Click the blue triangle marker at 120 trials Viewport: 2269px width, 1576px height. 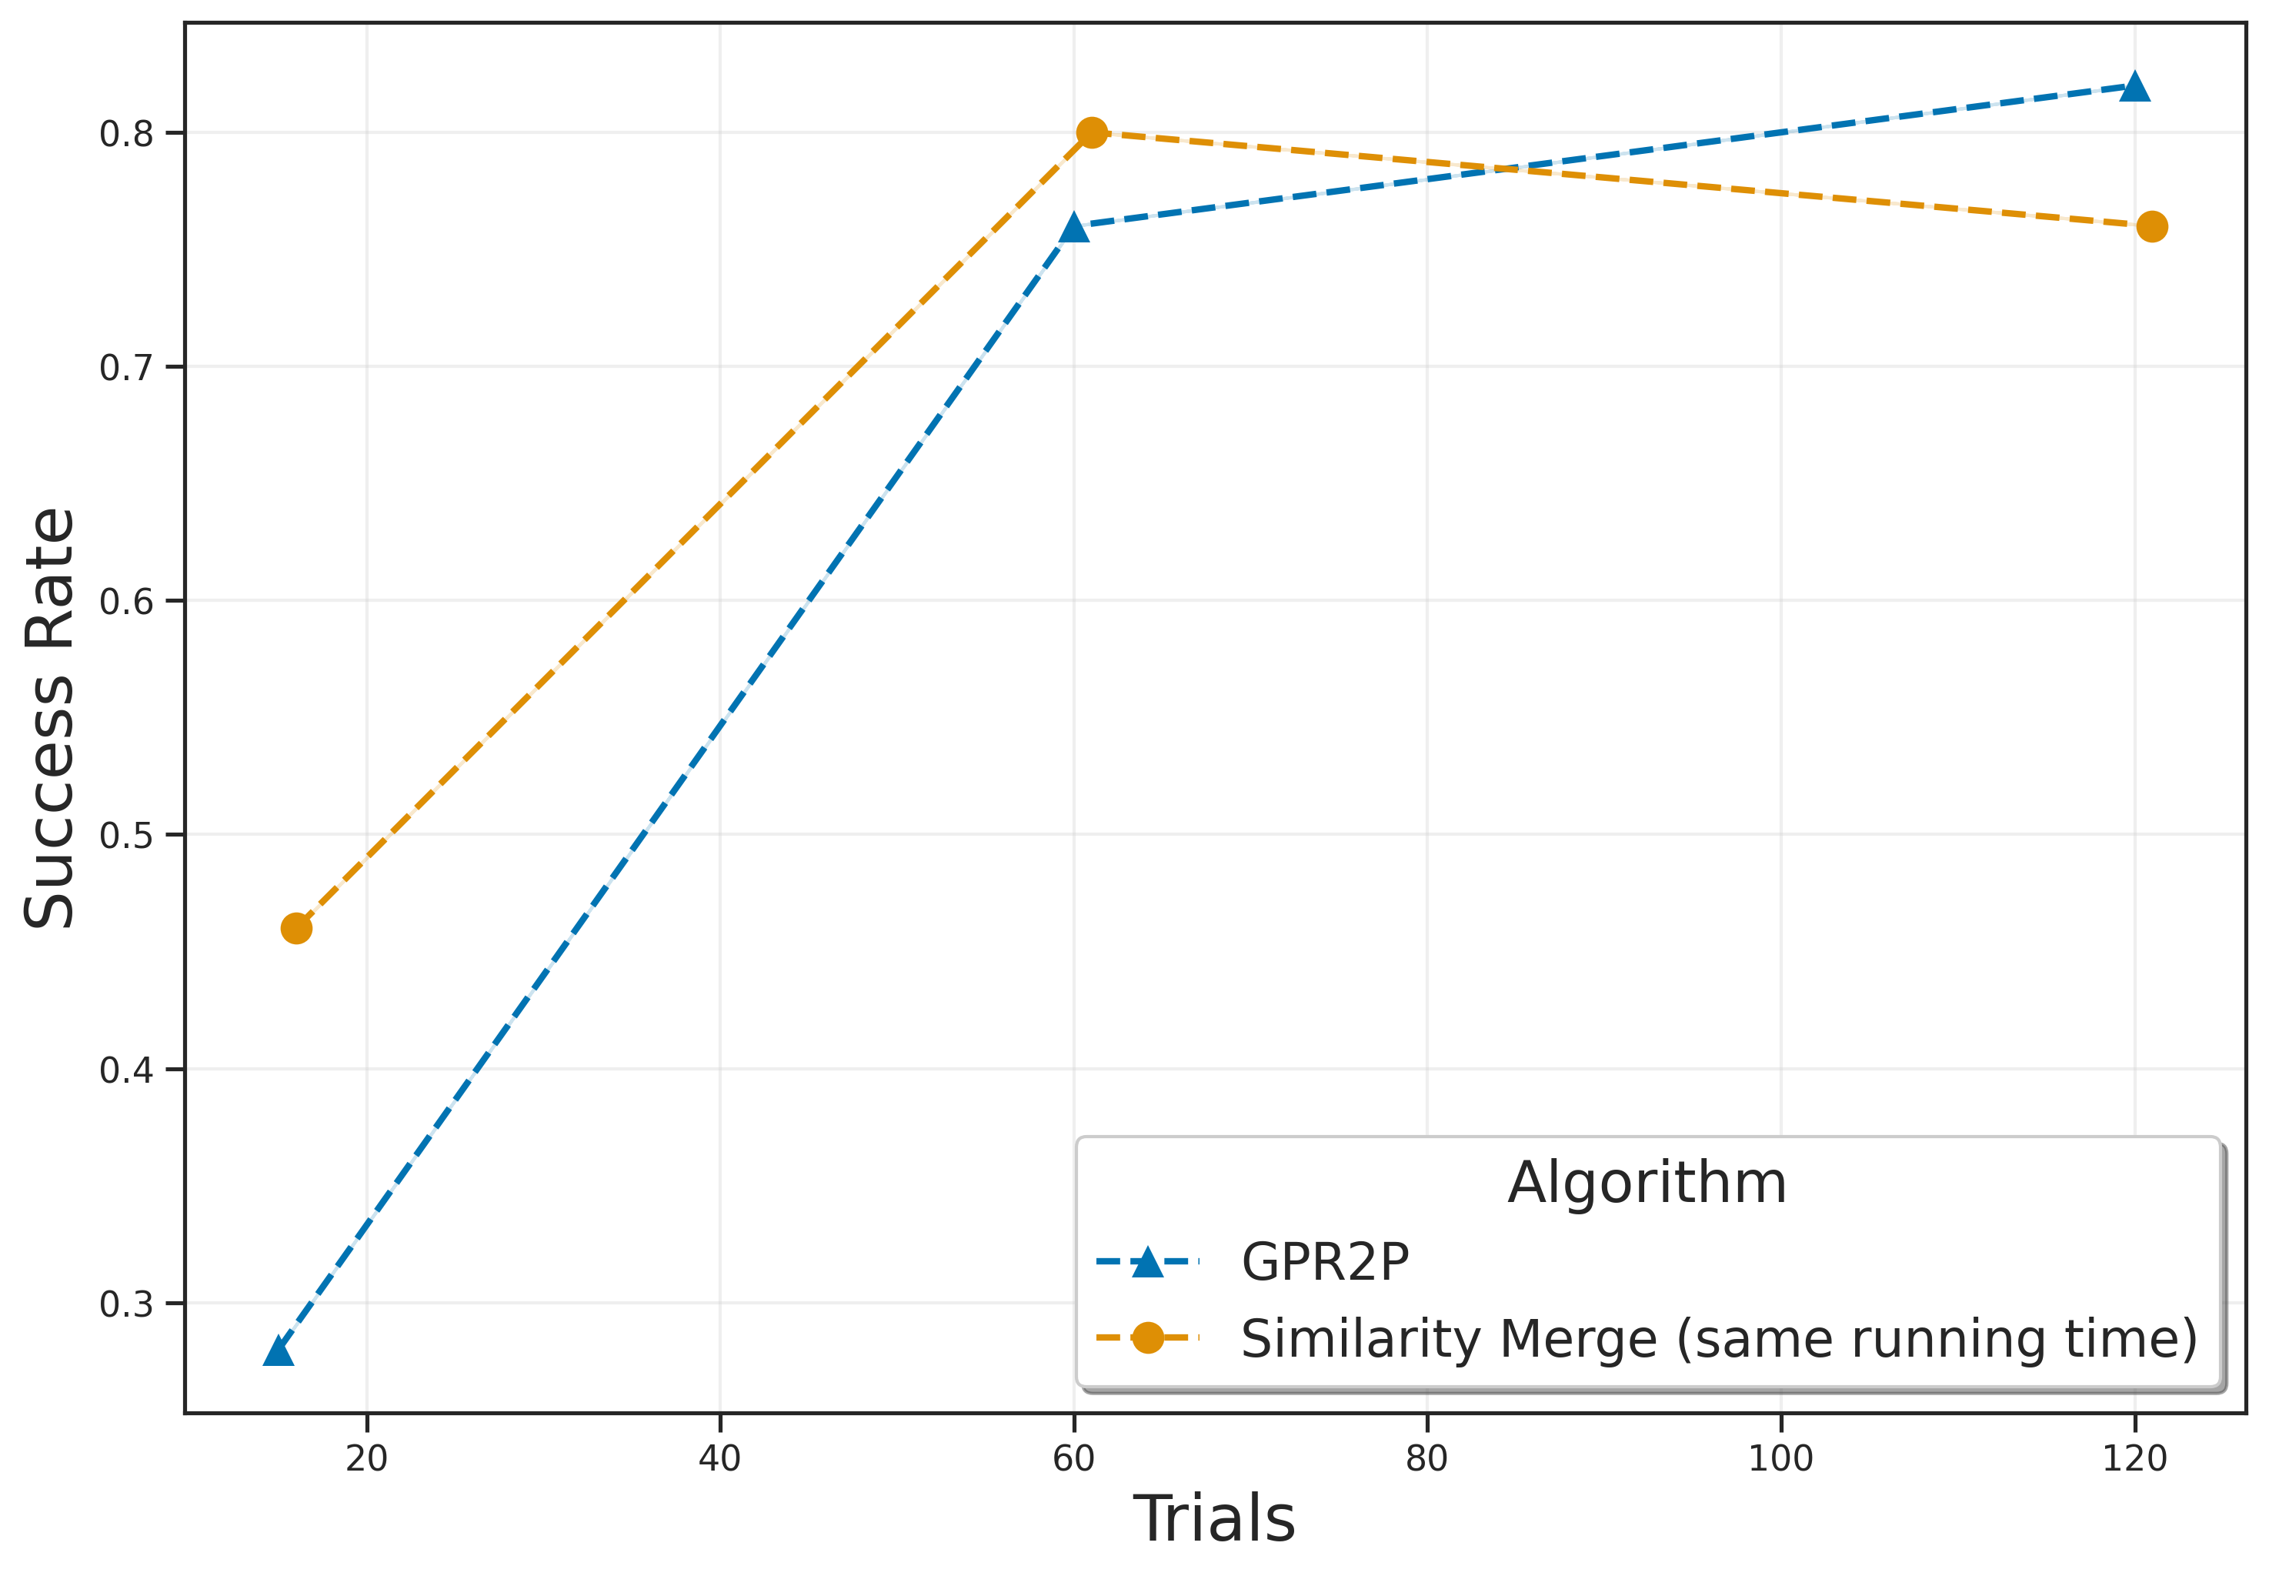[2134, 88]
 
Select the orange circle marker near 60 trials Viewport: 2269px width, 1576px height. [1091, 132]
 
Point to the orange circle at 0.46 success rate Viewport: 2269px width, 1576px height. [296, 928]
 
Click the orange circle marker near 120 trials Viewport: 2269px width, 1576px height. [2151, 227]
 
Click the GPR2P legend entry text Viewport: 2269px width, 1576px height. [1324, 1262]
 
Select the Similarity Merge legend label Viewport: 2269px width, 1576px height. [1718, 1340]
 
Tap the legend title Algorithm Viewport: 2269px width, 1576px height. [1646, 1183]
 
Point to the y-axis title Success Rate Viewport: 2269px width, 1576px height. [49, 718]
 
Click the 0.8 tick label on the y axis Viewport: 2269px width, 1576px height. [126, 133]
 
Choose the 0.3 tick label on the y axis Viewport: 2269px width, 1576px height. [126, 1304]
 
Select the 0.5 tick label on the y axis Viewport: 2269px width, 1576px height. [126, 836]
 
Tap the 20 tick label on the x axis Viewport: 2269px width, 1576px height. [366, 1458]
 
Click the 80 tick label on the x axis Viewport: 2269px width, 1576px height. [1426, 1458]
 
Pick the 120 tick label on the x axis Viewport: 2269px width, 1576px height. [2134, 1458]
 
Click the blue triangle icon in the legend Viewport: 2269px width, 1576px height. [1146, 1262]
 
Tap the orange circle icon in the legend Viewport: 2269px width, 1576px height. [1146, 1338]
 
